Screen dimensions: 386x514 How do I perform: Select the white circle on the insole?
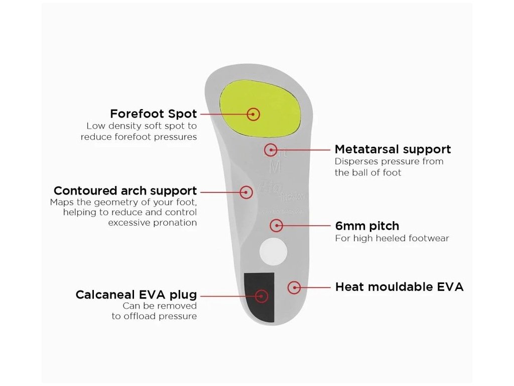[x=273, y=252]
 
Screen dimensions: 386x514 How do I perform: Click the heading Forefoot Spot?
[x=154, y=114]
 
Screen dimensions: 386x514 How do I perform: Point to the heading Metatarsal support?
[x=393, y=149]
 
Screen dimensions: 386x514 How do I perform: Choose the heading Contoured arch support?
[x=125, y=191]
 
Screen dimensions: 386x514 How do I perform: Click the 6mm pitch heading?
[x=367, y=226]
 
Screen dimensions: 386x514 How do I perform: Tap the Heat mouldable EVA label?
[x=399, y=287]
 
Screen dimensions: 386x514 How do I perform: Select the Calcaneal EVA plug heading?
[x=136, y=295]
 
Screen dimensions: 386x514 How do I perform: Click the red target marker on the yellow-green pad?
[x=254, y=114]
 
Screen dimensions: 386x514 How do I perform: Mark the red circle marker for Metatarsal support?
[x=271, y=149]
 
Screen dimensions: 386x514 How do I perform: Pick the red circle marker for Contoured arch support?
[x=246, y=191]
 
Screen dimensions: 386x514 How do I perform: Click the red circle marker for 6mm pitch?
[x=276, y=226]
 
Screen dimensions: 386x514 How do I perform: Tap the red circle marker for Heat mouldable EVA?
[x=294, y=287]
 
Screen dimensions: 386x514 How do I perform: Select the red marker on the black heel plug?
[x=261, y=295]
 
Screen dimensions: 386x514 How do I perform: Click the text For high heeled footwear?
[x=392, y=238]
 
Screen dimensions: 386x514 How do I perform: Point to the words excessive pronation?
[x=152, y=223]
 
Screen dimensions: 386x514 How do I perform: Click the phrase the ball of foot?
[x=368, y=172]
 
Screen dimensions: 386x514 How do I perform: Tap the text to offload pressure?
[x=154, y=316]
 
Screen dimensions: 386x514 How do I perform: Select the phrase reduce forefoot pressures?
[x=139, y=137]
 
